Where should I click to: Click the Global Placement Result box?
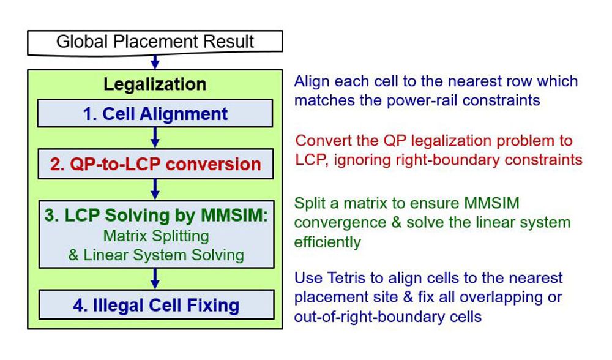click(x=155, y=42)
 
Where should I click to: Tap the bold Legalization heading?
click(x=155, y=84)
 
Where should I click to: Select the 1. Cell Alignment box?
click(x=155, y=113)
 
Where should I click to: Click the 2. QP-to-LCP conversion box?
click(x=155, y=164)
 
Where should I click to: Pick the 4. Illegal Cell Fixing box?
click(x=156, y=304)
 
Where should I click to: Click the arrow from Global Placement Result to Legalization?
click(x=155, y=62)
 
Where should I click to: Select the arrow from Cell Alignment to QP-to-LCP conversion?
click(x=155, y=137)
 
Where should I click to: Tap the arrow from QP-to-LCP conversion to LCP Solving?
click(x=155, y=189)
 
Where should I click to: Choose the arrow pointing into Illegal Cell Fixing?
click(x=155, y=279)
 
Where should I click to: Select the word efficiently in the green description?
click(x=327, y=242)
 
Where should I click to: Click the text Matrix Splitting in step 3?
click(x=156, y=236)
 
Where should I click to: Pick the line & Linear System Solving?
click(x=156, y=255)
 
